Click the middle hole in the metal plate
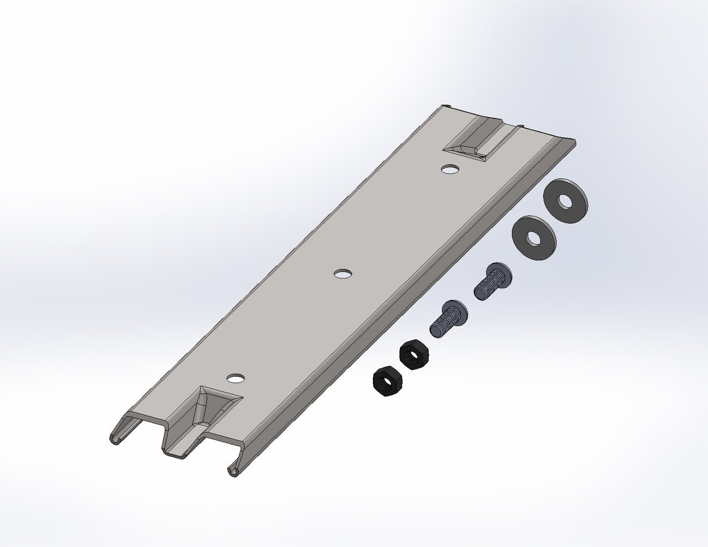click(x=343, y=274)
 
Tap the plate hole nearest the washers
click(x=450, y=169)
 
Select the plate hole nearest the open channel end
click(x=236, y=378)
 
